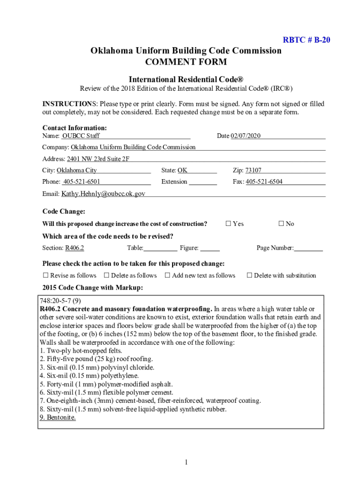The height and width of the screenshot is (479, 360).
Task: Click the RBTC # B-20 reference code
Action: pos(307,40)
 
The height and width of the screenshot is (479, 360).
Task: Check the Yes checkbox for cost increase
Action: pos(229,224)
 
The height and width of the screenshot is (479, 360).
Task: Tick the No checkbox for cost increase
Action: pos(281,224)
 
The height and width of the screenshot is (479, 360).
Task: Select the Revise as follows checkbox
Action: pos(46,276)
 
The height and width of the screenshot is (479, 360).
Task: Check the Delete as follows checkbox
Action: pos(107,276)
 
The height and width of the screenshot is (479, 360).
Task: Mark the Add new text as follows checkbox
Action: pos(167,276)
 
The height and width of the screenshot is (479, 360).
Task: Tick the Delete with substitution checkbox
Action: pos(249,276)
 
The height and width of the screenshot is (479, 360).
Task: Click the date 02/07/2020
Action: pos(245,136)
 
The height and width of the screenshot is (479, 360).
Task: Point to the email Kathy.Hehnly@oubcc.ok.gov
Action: pos(103,193)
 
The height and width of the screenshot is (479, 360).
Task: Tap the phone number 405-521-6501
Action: pos(82,181)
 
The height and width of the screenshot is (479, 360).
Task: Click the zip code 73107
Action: pos(253,170)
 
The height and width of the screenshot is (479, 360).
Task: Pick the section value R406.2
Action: pos(74,248)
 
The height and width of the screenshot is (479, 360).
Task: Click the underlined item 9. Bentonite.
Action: pos(58,417)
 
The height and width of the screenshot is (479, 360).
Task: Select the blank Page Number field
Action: pos(308,248)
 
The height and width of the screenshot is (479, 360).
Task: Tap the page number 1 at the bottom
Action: pos(186,463)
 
